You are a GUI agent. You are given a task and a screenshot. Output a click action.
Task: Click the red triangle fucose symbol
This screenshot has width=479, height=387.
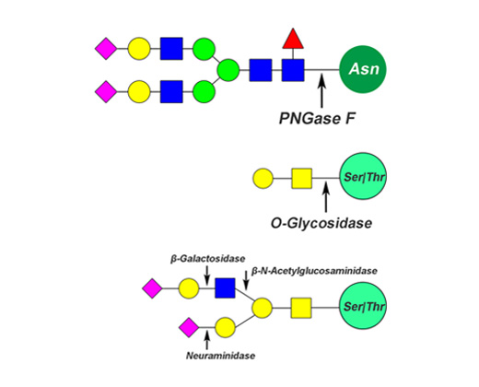point(293,40)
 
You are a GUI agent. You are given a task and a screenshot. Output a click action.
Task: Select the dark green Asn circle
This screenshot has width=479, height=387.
point(363,69)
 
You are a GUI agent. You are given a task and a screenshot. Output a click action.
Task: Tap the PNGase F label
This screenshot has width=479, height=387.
point(317,118)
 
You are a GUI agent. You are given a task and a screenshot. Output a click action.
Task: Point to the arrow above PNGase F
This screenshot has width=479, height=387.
point(321,90)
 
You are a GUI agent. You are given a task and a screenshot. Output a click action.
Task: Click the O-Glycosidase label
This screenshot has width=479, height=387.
point(321,223)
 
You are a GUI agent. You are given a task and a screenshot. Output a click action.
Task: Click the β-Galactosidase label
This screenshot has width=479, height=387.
point(208,259)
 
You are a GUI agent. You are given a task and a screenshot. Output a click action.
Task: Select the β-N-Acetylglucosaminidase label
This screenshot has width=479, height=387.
point(314,271)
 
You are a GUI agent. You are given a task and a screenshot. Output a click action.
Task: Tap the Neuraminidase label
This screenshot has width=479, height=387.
point(220,356)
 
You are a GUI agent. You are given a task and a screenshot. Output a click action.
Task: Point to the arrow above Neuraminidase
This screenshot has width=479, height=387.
point(207,340)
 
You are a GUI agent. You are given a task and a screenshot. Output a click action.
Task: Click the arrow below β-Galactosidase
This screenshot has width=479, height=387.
point(207,276)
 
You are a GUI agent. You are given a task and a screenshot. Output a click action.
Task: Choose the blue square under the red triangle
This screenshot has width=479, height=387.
point(293,70)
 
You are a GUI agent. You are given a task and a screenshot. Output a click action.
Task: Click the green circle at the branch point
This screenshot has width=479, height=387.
point(228,70)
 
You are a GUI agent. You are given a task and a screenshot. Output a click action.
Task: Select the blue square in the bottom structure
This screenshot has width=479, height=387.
point(225,288)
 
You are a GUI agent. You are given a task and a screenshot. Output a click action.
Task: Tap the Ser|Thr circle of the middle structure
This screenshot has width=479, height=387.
point(363,177)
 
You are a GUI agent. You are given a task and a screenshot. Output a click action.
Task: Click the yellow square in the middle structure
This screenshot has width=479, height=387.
point(302,178)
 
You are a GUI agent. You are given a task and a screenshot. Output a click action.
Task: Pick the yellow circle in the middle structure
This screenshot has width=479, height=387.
point(263,178)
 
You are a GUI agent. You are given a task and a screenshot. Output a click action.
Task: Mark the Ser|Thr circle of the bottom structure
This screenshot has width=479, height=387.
point(363,306)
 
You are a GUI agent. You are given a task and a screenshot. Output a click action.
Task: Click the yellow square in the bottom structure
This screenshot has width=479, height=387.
point(301,308)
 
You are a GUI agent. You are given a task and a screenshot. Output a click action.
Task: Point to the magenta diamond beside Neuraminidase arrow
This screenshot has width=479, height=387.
point(189,327)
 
